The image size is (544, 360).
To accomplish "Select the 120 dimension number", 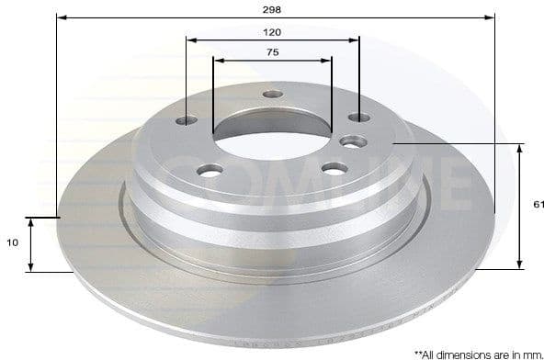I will coord(271,31).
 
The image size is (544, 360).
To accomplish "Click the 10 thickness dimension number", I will coord(12,243).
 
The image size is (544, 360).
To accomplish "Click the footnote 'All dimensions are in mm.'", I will coord(477,352).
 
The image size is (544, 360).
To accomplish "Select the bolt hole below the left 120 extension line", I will coord(188,120).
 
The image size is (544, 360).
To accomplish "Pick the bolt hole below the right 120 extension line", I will coord(358,118).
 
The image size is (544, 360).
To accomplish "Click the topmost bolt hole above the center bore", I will coord(271,94).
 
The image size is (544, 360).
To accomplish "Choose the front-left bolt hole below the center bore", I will coord(210,170).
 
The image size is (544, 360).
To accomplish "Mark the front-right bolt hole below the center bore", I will coord(334,168).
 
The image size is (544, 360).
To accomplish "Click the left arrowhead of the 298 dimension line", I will coord(61,17).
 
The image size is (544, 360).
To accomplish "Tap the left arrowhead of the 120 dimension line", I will coord(190,39).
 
